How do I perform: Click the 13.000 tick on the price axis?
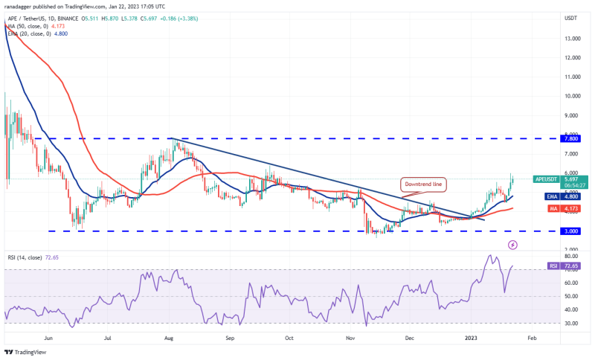(572, 38)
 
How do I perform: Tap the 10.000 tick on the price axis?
(572, 96)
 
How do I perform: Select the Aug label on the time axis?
(170, 337)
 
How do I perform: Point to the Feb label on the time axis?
(531, 337)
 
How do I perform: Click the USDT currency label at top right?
(571, 17)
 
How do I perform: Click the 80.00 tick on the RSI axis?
(572, 256)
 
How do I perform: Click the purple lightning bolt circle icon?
(512, 245)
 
